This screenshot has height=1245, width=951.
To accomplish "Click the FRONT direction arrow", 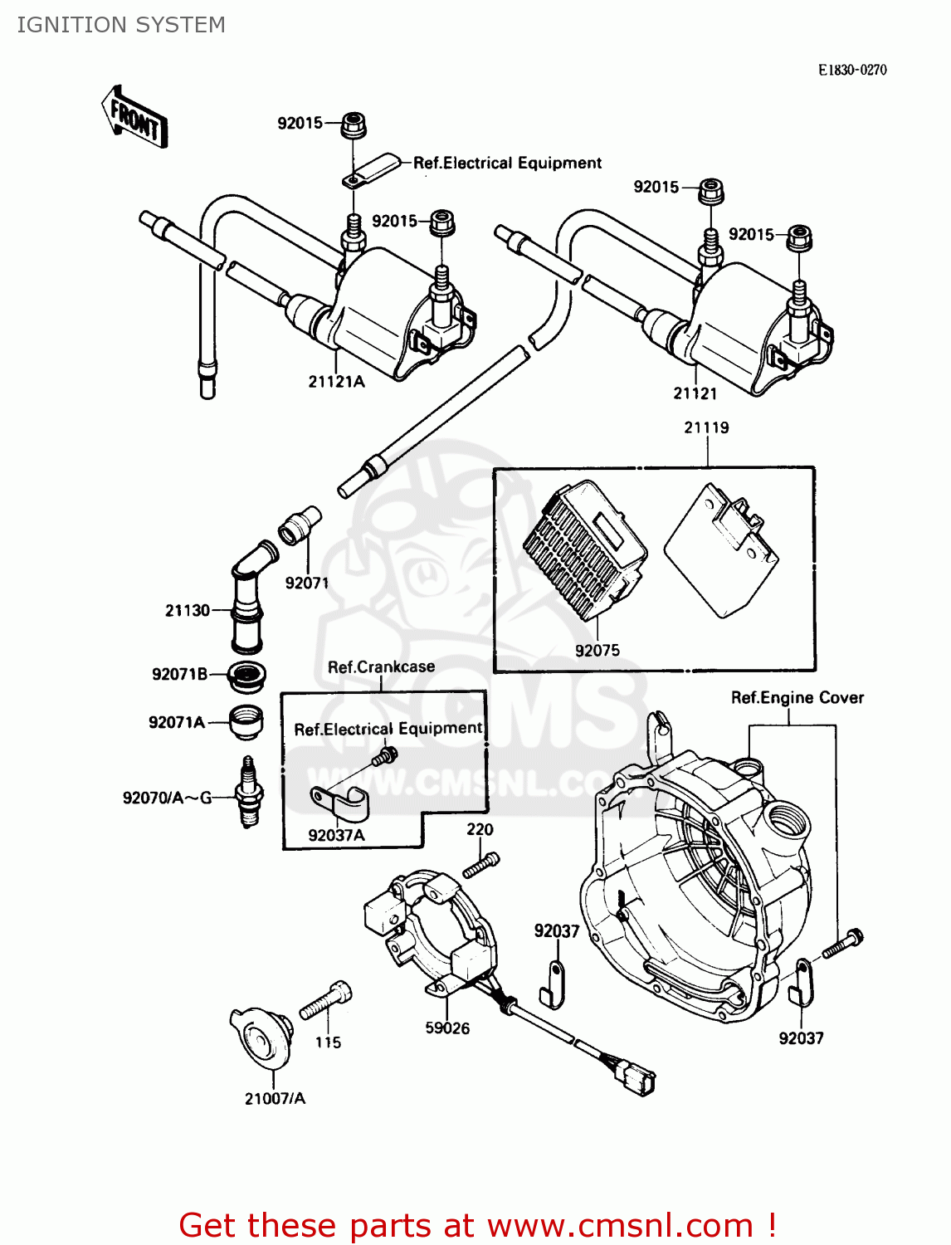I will [134, 118].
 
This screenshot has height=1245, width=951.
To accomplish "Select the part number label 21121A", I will [336, 382].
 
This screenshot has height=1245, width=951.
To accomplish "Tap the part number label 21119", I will [706, 427].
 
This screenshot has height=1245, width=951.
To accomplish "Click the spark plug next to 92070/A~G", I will [249, 792].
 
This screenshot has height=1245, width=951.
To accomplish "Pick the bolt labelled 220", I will [480, 864].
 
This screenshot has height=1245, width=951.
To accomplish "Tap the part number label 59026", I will [447, 1028].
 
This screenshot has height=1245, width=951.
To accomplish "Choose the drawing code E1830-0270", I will [852, 71].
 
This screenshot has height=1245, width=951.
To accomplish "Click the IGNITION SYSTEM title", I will [121, 25].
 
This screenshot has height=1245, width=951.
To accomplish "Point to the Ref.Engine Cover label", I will [797, 698].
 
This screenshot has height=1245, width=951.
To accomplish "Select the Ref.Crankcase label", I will [381, 667].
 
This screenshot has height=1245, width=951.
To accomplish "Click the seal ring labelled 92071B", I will [246, 676].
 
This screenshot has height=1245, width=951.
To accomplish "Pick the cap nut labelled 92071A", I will [246, 721].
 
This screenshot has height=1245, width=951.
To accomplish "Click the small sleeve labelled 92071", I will [300, 525].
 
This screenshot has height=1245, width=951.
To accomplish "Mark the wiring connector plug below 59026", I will [635, 1078].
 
